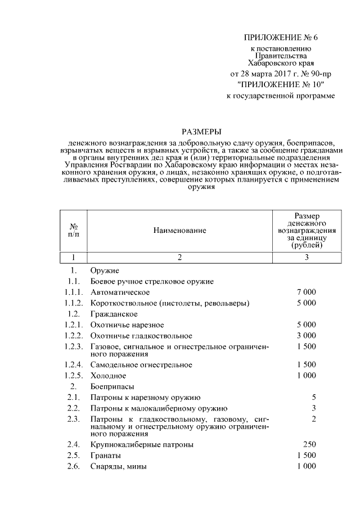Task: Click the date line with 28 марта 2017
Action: (281, 74)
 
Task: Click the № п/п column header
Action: (74, 230)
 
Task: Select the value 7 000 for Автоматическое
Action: (306, 292)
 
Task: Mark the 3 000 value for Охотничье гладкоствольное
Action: (306, 335)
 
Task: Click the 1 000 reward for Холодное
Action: (306, 375)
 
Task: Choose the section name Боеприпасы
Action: (111, 386)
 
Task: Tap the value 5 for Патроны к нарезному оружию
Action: (314, 397)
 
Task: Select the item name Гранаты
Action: (105, 455)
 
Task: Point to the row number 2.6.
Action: (72, 466)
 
